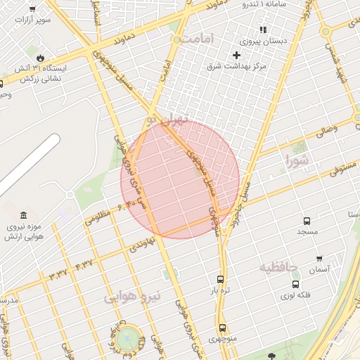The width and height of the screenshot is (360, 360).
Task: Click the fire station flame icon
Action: pos(40,58)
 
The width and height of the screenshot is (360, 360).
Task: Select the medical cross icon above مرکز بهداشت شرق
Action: pos(236,55)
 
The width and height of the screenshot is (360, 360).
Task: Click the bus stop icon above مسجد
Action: pos(307,220)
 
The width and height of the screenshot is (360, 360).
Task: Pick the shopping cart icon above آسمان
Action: pos(319,259)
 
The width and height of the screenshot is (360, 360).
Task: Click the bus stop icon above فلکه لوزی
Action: pos(295,285)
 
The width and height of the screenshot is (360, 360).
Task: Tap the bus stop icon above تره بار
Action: pos(221,278)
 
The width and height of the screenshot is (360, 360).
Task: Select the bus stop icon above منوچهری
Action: pos(222,328)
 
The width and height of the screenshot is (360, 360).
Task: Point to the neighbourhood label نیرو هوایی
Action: pos(133,297)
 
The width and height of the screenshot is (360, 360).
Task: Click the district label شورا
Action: pos(297,163)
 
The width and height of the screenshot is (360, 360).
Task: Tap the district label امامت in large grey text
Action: pos(195,40)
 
